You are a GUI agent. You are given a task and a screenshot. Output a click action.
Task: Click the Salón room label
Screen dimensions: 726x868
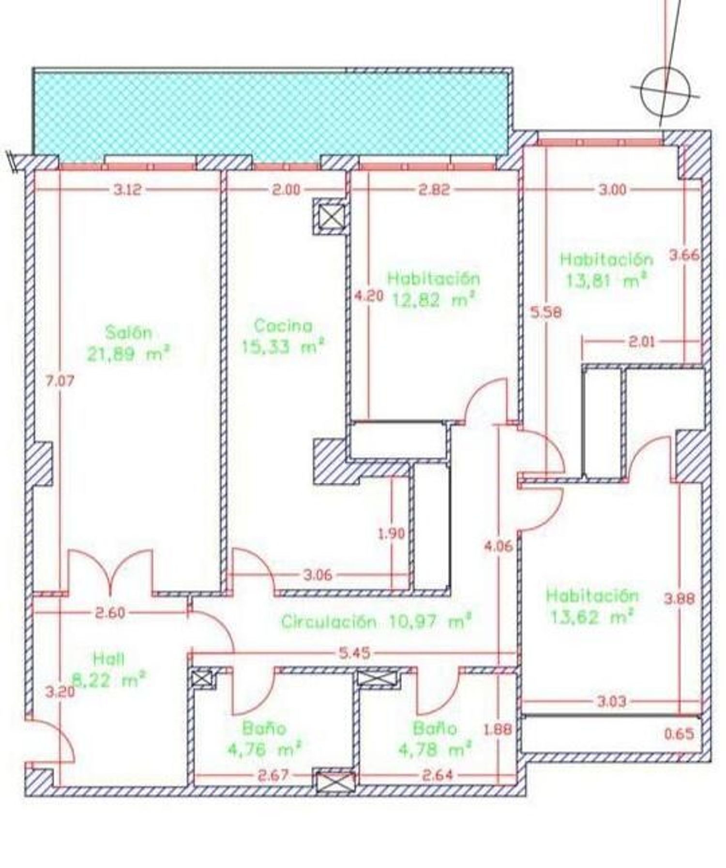129,333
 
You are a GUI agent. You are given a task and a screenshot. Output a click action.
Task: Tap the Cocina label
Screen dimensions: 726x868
283,326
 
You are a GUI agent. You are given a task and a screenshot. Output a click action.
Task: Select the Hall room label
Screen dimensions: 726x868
109,658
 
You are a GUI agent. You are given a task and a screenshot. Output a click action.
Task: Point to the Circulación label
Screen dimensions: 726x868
329,621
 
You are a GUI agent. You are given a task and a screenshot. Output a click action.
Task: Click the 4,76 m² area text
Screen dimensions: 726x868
264,750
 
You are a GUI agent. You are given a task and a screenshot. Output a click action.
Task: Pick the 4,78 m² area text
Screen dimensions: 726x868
435,750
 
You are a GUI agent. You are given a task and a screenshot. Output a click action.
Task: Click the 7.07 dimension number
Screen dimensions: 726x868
60,381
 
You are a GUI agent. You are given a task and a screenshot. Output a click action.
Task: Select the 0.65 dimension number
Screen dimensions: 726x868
679,734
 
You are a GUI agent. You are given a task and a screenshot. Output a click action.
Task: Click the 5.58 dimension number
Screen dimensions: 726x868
546,312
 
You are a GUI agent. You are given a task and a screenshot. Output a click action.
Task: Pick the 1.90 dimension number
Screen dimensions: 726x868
391,534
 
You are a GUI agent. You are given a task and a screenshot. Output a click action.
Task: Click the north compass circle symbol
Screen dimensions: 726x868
665,92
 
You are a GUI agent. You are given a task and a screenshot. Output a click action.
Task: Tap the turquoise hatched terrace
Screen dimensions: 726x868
270,114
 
